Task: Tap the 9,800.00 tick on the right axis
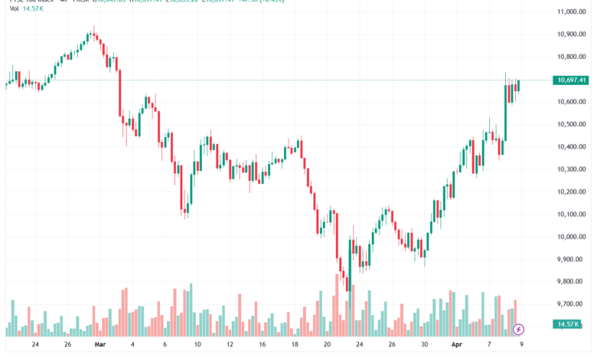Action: click(572, 282)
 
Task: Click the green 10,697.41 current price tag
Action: click(573, 80)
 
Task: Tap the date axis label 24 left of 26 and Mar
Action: click(36, 345)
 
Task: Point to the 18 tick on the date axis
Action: click(295, 345)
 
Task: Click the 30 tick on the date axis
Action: click(423, 345)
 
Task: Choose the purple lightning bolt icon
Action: click(519, 329)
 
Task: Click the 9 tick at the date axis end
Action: click(521, 345)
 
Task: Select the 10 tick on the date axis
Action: click(197, 345)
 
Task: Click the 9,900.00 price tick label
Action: click(572, 260)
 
